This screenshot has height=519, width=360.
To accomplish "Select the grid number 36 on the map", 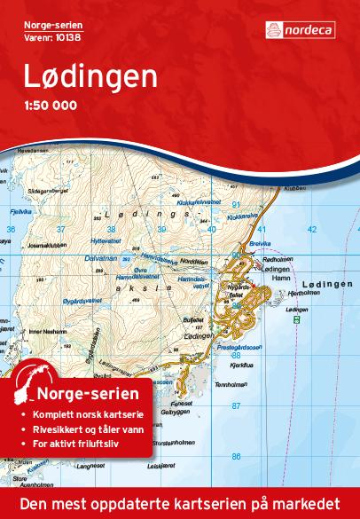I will click(11, 230).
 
